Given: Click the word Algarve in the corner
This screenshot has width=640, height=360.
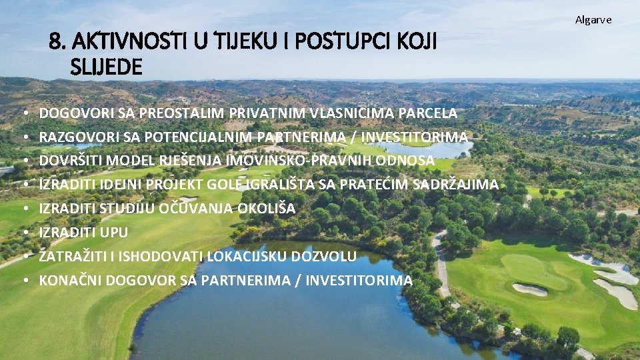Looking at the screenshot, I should (x=593, y=20).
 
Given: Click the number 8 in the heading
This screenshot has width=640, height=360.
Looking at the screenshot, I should (x=55, y=43).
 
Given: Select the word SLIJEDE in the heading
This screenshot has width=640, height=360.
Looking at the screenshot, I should (x=105, y=67).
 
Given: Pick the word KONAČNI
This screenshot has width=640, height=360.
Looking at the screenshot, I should (x=67, y=281).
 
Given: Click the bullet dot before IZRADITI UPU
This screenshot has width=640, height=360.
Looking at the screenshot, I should (x=24, y=233).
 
